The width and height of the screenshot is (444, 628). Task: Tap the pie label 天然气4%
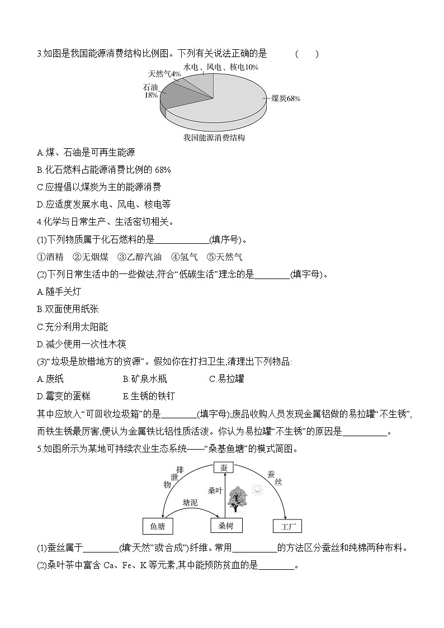coord(164,74)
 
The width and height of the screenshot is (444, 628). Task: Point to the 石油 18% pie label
coord(151,91)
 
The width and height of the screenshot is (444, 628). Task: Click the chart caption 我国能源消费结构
coord(214,137)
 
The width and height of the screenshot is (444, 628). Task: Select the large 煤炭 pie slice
coord(224,103)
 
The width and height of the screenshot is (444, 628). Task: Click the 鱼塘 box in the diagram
coord(158,526)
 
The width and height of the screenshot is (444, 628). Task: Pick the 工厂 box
coord(287,526)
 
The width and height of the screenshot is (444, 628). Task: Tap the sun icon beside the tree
coord(257,490)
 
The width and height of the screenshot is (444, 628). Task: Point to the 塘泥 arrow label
coord(190,503)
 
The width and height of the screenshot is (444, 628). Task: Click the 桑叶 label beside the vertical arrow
coord(215,490)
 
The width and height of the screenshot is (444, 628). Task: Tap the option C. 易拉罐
coord(226,379)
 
